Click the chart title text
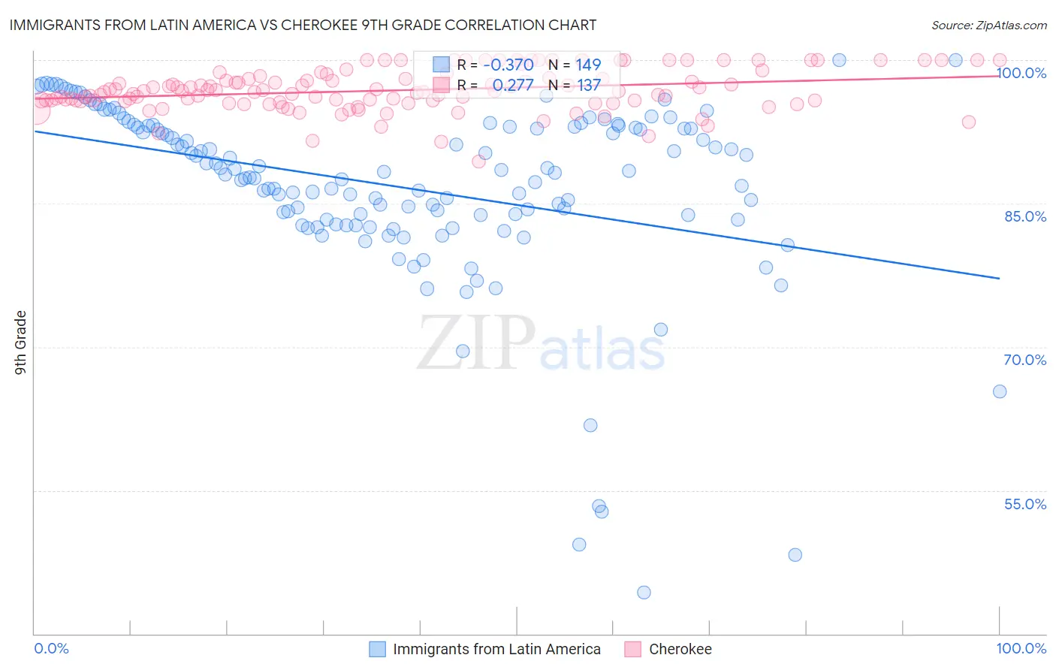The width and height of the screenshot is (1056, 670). (x=303, y=26)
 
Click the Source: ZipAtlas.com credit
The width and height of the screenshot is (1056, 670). (x=988, y=26)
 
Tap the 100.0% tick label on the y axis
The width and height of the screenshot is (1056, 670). (x=1021, y=73)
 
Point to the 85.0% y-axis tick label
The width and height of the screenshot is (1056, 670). (x=1025, y=216)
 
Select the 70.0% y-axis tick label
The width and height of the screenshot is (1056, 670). (x=1025, y=360)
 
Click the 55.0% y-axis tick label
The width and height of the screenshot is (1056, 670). (x=1025, y=504)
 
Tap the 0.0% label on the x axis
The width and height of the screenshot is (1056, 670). (x=52, y=648)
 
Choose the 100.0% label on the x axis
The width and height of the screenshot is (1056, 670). (x=1021, y=648)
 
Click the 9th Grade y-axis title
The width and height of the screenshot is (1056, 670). (x=20, y=343)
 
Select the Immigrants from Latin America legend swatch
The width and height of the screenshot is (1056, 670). (x=377, y=649)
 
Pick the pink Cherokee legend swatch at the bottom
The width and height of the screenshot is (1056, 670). (x=633, y=649)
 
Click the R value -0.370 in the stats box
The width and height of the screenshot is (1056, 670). (x=508, y=65)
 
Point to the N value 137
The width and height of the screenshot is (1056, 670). (x=589, y=86)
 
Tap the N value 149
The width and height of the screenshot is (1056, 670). (x=589, y=65)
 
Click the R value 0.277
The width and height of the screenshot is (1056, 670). (x=513, y=86)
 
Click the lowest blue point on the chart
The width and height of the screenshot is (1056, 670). (x=644, y=593)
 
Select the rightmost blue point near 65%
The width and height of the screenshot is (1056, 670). (x=1000, y=391)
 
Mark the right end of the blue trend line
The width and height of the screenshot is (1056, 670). (x=999, y=279)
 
